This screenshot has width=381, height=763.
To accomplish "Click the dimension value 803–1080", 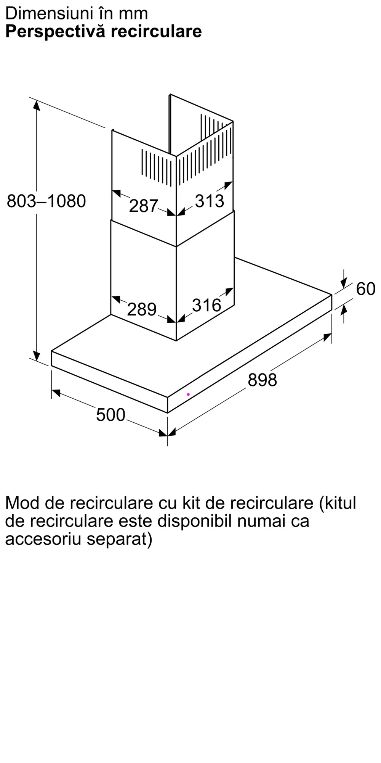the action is point(46,201).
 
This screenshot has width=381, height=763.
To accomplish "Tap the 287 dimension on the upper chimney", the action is point(143,206).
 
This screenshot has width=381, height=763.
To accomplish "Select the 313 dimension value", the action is point(210,201).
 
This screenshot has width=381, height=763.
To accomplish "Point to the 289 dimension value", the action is point(142,309).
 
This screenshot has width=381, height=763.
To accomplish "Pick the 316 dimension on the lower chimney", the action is point(207,305).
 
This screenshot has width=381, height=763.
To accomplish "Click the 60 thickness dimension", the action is point(366,289).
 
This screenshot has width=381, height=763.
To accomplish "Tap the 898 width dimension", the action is point(262,380).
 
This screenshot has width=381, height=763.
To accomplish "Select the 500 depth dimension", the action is point(110,415).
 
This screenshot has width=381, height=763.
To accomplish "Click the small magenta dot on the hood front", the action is point(188,394).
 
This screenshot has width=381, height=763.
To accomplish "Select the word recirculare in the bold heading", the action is point(156,32).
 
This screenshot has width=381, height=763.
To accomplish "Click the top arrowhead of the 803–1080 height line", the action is point(37,105).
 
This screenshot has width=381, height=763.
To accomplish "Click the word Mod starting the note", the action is point(22,503).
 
